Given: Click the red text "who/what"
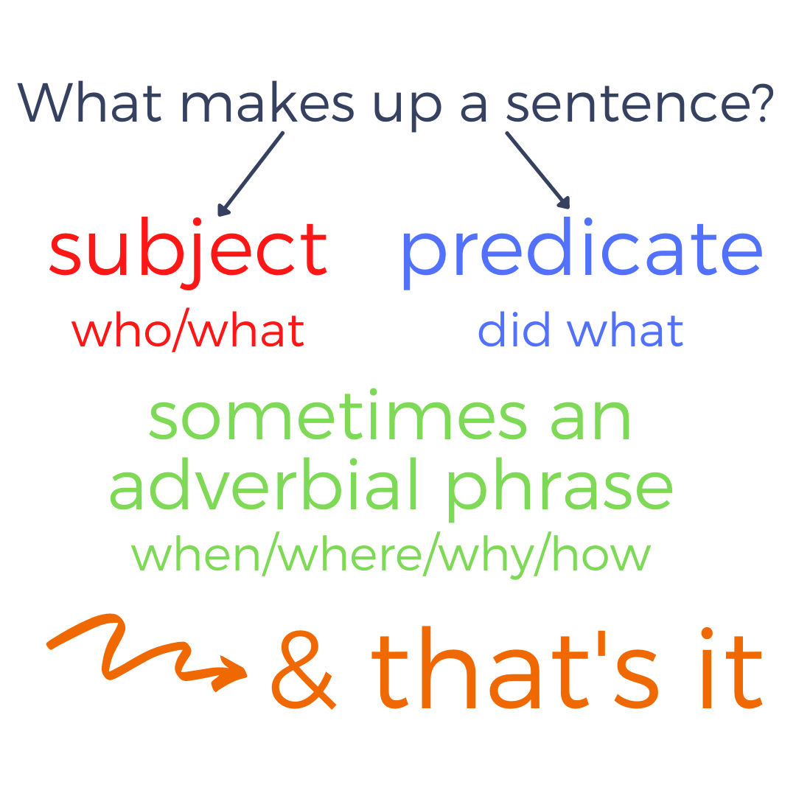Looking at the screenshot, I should click(188, 331).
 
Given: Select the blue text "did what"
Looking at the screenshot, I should click(581, 331).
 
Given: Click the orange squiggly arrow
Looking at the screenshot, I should click(147, 649).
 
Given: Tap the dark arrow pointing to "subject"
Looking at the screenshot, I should click(251, 173).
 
